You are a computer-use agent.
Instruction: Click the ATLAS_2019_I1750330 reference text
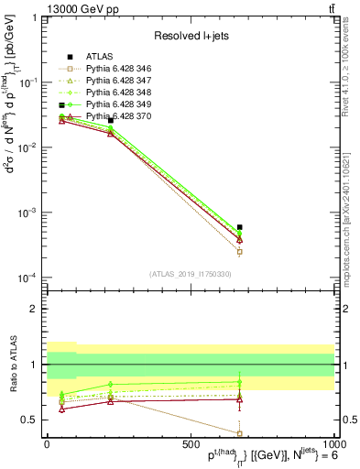190,273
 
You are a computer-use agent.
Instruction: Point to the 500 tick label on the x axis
190,443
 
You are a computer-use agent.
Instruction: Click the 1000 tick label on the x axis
331,443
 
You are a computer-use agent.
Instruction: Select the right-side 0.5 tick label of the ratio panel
345,420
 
